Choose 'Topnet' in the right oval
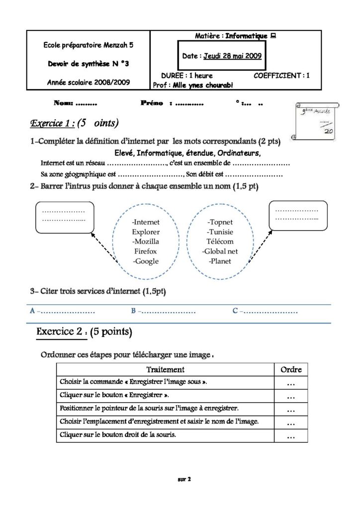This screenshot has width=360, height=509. coord(220,222)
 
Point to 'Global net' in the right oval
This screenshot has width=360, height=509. coord(220,251)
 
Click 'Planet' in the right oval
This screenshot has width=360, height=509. coord(220,261)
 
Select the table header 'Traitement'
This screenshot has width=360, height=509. coord(165,369)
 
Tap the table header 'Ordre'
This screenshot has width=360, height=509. coord(291,369)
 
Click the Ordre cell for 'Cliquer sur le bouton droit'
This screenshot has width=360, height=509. coord(291,436)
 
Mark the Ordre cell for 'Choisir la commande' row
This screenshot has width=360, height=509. coord(291,383)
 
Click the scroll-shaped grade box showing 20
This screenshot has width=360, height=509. coord(316,121)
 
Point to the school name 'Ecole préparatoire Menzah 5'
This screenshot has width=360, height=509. coord(89,45)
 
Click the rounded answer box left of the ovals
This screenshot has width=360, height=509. coord(65,217)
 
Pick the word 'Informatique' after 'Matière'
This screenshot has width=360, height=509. coord(247,36)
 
